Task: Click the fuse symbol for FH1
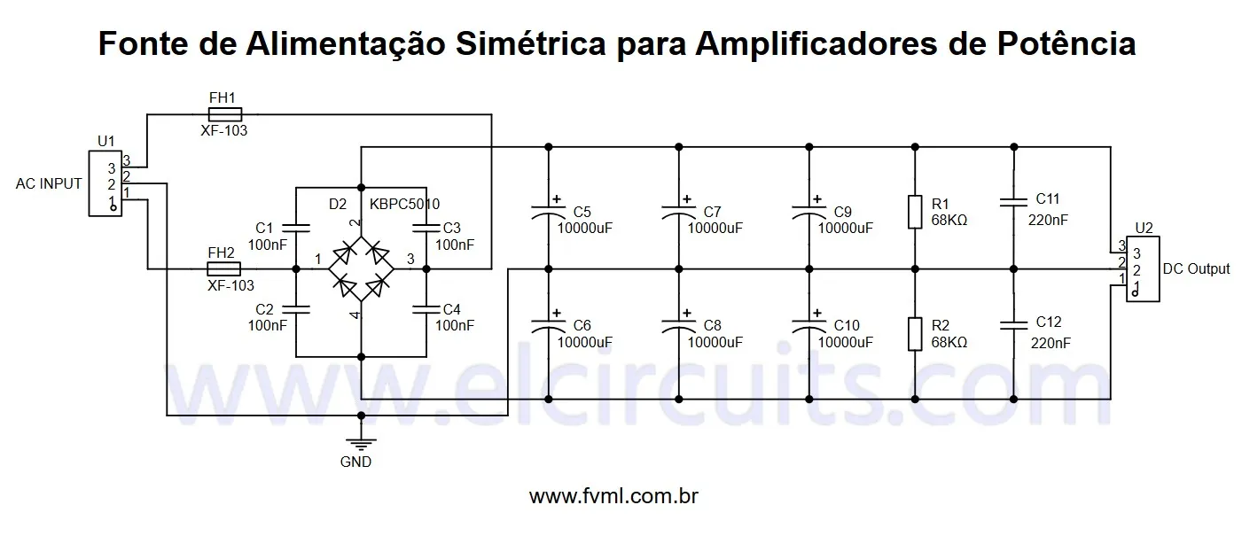pyautogui.click(x=224, y=114)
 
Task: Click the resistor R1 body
pyautogui.click(x=914, y=213)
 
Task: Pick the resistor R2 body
pyautogui.click(x=914, y=334)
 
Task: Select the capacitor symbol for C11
pyautogui.click(x=1012, y=204)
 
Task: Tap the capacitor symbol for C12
pyautogui.click(x=1012, y=325)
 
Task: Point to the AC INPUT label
pyautogui.click(x=49, y=184)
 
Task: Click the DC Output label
pyautogui.click(x=1195, y=268)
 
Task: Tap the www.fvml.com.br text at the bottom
pyautogui.click(x=613, y=496)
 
